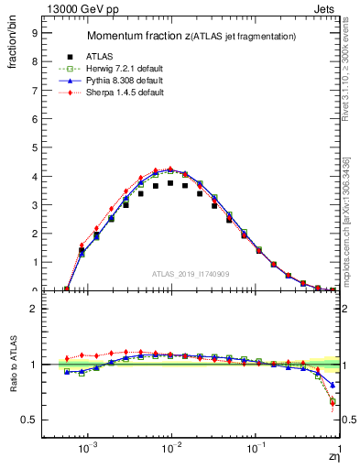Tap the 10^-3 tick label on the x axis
[x=89, y=450]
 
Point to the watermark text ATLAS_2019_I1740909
[x=190, y=274]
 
